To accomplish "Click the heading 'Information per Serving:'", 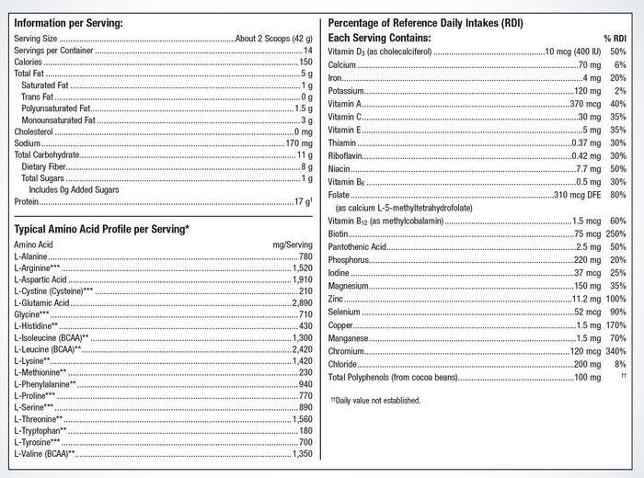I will [68, 22].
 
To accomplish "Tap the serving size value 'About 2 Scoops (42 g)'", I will [274, 40].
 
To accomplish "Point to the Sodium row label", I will [28, 143].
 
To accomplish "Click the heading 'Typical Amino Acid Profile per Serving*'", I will [102, 229].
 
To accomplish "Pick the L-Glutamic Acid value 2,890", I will [301, 302].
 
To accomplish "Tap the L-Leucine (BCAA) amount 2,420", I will [301, 349].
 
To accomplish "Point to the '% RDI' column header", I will [615, 38].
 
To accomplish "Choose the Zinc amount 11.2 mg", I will [581, 300].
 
